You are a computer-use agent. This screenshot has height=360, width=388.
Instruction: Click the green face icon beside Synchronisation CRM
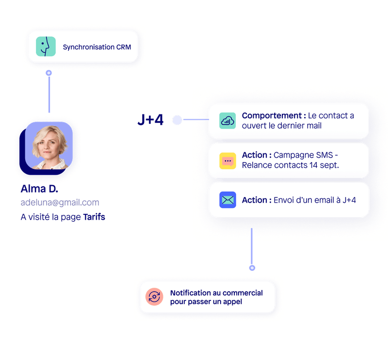46,47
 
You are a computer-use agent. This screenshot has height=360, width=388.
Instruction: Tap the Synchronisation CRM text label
97,47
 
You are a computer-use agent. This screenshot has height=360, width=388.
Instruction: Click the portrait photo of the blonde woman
49,145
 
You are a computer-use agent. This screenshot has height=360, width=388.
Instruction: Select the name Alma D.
39,189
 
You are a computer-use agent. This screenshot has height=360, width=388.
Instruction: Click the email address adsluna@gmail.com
60,202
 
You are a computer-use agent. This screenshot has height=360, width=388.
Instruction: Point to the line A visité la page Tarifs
63,217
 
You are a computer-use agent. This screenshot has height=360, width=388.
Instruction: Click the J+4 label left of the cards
150,120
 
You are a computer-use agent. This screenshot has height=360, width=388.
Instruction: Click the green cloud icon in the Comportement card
227,121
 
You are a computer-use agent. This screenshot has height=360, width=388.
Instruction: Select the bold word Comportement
274,115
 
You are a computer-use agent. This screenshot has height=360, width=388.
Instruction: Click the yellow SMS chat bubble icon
227,161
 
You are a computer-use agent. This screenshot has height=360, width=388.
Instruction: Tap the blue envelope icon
227,200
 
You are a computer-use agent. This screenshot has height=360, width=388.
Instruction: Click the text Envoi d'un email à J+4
315,200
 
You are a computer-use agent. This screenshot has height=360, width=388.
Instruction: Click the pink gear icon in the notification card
155,297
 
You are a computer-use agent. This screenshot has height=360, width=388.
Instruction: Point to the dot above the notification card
252,268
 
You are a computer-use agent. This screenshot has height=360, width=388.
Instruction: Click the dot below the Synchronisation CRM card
48,73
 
